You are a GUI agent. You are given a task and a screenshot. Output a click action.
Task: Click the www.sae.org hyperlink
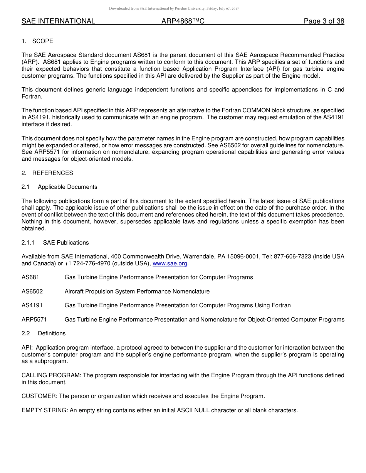click(170, 263)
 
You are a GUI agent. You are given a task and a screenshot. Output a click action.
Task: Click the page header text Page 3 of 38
click(324, 21)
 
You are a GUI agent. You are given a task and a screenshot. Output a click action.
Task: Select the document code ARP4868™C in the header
click(183, 21)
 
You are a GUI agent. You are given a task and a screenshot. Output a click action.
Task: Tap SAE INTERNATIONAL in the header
click(58, 21)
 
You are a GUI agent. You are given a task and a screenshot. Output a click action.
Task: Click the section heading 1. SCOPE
click(37, 41)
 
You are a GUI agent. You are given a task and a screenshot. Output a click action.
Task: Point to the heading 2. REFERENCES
click(47, 173)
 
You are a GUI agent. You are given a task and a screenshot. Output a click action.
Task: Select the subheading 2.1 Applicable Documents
click(59, 187)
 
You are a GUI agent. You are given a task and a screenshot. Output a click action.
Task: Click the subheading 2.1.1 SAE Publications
click(55, 243)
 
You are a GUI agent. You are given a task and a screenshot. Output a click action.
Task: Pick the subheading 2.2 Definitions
click(44, 333)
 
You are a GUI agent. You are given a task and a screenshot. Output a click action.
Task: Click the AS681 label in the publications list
click(30, 277)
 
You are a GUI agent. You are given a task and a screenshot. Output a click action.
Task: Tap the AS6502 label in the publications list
click(32, 291)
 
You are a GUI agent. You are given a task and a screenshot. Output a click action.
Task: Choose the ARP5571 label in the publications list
click(34, 320)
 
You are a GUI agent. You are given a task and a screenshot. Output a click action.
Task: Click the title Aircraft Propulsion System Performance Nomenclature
click(137, 291)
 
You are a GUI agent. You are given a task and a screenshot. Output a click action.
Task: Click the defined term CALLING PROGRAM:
click(51, 375)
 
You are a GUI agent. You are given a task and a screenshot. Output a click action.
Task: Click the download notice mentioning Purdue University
click(174, 8)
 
